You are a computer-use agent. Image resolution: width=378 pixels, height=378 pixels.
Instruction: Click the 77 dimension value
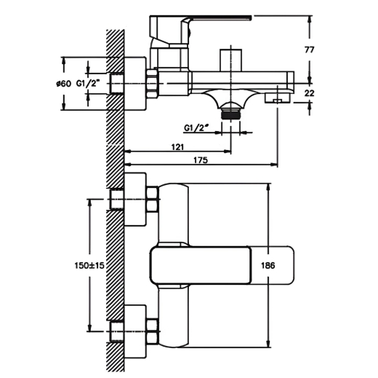(x=309, y=50)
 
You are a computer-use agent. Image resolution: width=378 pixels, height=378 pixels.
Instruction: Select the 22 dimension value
(x=309, y=93)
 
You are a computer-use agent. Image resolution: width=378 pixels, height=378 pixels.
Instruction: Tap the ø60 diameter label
(x=63, y=84)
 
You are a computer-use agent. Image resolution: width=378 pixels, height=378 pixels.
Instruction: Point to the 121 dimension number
(x=177, y=147)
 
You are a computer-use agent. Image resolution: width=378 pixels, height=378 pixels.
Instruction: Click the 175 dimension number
(x=201, y=160)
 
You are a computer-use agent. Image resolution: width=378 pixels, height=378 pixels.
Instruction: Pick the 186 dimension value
(x=268, y=265)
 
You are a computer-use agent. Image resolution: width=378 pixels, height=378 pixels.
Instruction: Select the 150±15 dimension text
(x=89, y=265)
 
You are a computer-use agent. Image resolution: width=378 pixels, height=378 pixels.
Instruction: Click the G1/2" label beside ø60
(x=88, y=84)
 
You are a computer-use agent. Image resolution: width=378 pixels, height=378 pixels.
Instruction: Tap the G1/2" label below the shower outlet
(x=196, y=127)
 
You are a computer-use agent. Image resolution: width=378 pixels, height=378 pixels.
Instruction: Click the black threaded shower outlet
(x=230, y=114)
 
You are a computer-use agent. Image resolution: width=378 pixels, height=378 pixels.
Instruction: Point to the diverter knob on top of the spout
(x=230, y=60)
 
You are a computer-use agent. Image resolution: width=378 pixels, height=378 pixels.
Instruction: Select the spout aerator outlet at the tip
(x=278, y=98)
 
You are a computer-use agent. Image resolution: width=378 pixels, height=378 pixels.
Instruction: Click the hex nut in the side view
(x=152, y=84)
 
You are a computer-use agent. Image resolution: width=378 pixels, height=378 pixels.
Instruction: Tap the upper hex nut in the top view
(x=152, y=200)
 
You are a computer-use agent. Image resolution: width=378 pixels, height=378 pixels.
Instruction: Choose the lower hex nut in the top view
(x=152, y=331)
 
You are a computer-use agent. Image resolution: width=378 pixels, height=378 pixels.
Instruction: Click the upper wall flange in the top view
(x=135, y=200)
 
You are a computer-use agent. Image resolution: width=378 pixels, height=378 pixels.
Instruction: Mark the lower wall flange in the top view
(x=135, y=331)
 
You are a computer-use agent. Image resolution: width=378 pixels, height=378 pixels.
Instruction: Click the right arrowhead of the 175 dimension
(x=274, y=165)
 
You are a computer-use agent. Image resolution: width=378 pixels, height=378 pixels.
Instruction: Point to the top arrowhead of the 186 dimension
(x=268, y=187)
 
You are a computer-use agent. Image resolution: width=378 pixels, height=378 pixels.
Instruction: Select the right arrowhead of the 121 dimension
(x=228, y=151)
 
